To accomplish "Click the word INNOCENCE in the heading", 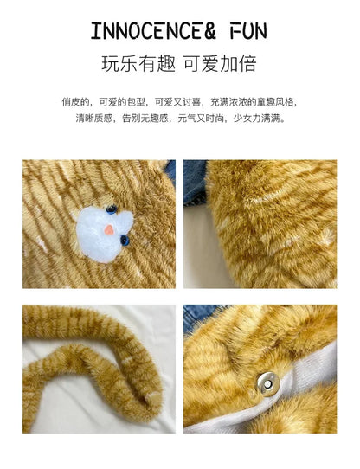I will [145, 31].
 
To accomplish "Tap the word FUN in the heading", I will [241, 31].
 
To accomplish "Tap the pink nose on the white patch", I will [107, 231].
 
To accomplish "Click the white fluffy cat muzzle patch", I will [102, 229].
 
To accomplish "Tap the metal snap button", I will [267, 381].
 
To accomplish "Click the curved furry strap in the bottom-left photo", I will [87, 363].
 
